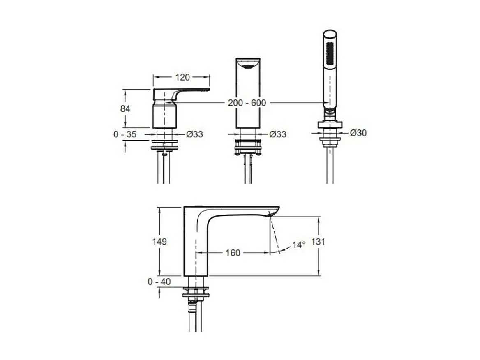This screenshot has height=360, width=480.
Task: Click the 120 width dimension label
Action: point(182,77)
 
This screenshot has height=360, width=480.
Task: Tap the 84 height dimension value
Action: point(125,108)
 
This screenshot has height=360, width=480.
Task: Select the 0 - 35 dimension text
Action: point(125,134)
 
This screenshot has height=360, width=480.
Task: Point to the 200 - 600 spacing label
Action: point(247,103)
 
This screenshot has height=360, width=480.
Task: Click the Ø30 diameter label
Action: point(358,133)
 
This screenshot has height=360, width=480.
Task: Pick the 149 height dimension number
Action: point(159,242)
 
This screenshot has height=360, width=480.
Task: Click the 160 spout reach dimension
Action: point(233,253)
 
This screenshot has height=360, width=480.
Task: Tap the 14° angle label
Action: point(299,245)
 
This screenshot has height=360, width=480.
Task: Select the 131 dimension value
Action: point(318,242)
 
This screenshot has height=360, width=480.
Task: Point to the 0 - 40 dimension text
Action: point(159,282)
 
